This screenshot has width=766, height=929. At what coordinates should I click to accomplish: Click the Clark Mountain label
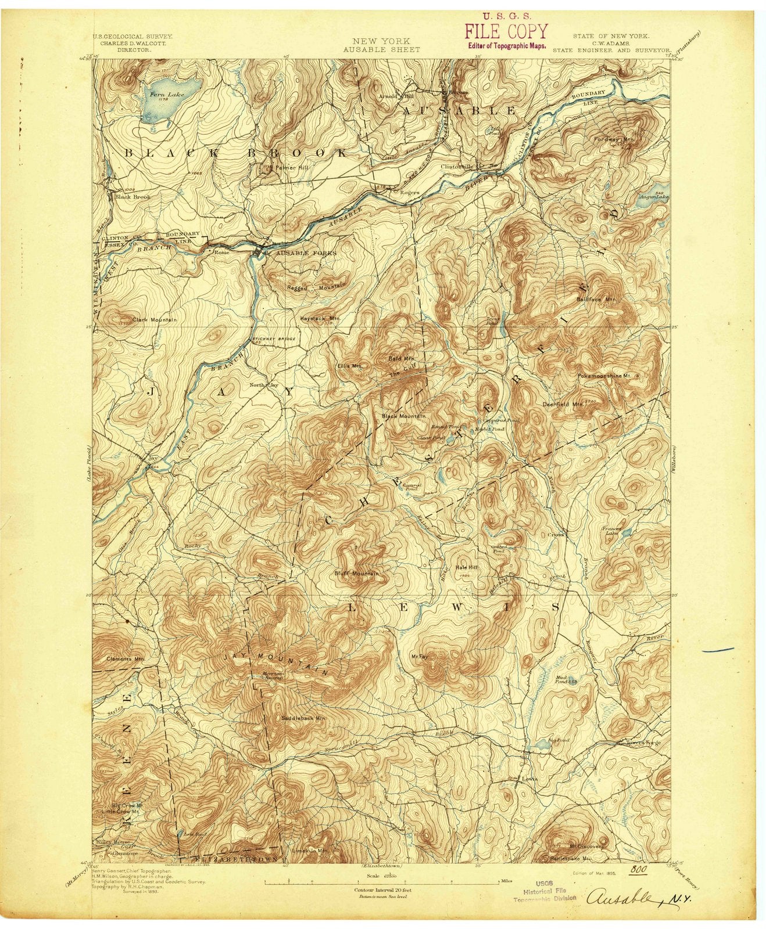click(154, 319)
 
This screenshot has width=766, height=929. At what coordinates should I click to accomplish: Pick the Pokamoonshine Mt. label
click(604, 376)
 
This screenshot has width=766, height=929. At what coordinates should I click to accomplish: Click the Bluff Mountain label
click(357, 574)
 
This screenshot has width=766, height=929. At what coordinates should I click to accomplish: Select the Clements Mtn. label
click(126, 659)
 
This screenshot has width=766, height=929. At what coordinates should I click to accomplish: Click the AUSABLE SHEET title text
click(381, 49)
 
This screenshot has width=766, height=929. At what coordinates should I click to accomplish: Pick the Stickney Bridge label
click(273, 339)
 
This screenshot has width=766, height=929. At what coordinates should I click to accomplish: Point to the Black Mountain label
click(404, 416)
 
